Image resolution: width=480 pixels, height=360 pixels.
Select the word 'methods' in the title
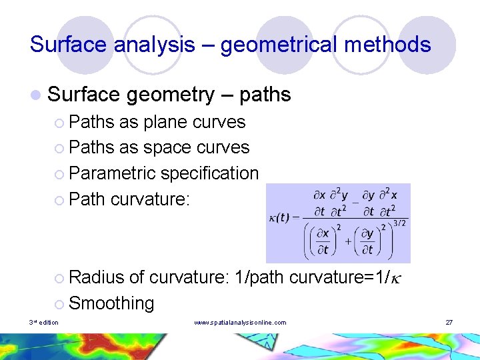pos(393,45)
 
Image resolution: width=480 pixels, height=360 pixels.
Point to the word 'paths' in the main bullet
pos(265,95)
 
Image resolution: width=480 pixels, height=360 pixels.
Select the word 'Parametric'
pos(112,173)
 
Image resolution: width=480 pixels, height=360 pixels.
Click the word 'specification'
pos(209,173)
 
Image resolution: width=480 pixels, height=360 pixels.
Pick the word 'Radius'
pos(97,277)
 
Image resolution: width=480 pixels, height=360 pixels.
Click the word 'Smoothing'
pos(111,303)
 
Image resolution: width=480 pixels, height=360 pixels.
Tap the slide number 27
pos(449,323)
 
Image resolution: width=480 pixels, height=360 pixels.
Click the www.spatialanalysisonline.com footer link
pos(240,323)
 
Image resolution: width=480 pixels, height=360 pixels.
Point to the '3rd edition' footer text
pos(44,323)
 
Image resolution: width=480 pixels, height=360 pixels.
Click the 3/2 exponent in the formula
pos(399,223)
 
